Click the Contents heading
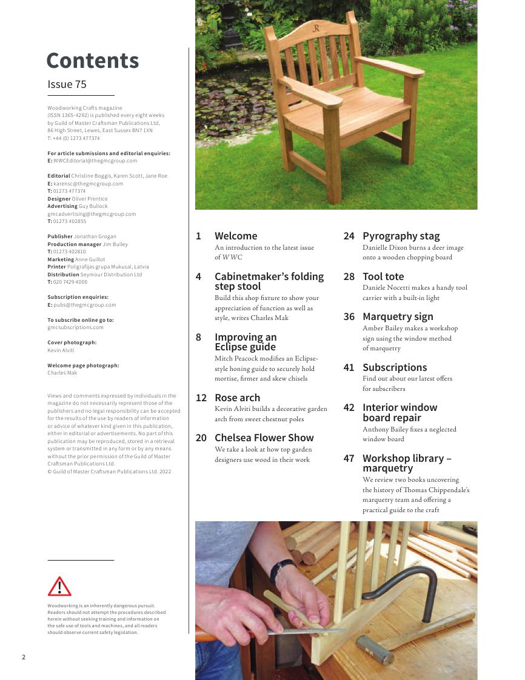(x=93, y=61)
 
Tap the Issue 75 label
(x=67, y=84)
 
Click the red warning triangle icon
(x=59, y=587)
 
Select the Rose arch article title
(x=237, y=398)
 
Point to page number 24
(x=349, y=236)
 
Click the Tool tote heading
(x=383, y=276)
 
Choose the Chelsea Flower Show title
(x=264, y=438)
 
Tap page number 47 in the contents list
(x=349, y=458)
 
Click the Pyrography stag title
(x=401, y=236)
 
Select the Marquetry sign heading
(x=398, y=316)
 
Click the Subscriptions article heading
(x=395, y=367)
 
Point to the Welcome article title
(x=236, y=236)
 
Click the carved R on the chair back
(x=316, y=28)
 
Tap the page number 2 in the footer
(x=24, y=657)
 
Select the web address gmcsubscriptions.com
(x=75, y=327)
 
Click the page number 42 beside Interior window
(x=349, y=407)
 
